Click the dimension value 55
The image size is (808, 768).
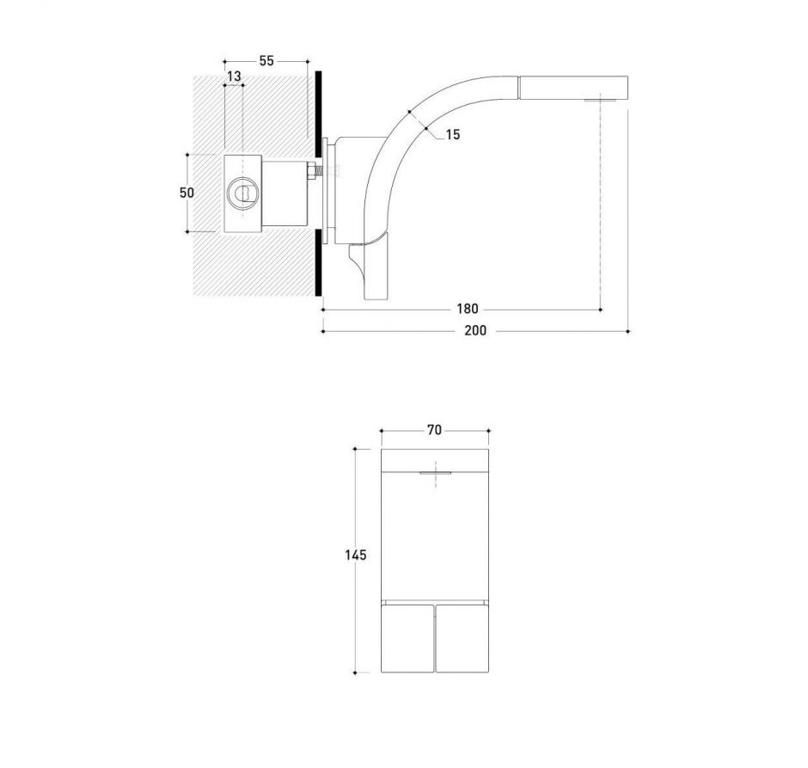[x=266, y=61]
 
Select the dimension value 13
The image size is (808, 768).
[x=234, y=77]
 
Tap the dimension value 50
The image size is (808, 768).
[x=187, y=193]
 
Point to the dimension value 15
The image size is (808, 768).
[x=453, y=134]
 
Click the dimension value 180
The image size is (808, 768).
[x=468, y=308]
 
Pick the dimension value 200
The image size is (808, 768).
[x=475, y=330]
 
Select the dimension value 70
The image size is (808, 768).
[x=434, y=430]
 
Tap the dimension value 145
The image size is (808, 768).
[x=357, y=556]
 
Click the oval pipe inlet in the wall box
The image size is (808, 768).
[x=243, y=193]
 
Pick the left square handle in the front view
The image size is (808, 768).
[x=407, y=637]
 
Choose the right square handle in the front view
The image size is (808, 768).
[x=462, y=637]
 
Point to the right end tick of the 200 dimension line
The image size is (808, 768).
[x=628, y=330]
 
